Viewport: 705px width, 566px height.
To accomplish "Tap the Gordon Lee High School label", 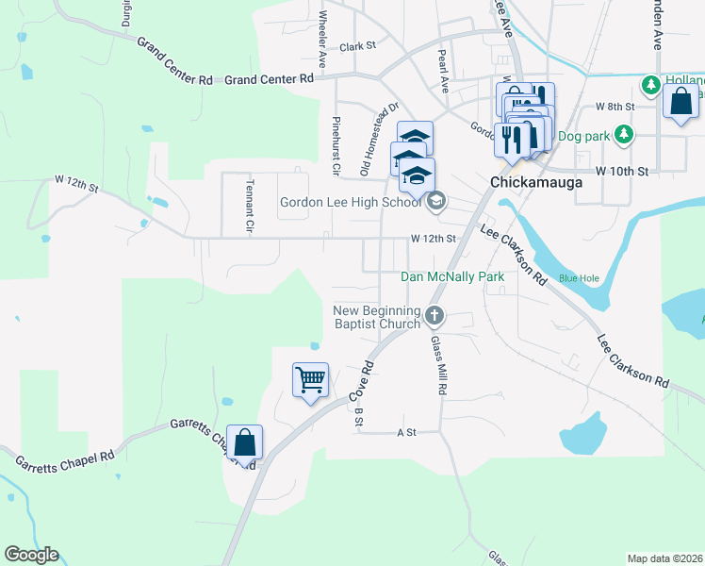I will tap(351, 202).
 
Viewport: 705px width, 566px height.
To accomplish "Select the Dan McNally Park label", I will tap(452, 276).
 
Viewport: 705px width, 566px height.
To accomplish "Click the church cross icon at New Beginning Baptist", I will tap(434, 315).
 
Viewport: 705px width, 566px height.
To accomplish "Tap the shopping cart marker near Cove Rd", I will tap(311, 380).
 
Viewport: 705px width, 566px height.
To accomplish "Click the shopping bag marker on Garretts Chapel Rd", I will tap(244, 442).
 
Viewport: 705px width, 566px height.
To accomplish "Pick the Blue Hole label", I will tap(579, 278).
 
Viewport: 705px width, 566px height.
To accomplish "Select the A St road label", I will tap(406, 432).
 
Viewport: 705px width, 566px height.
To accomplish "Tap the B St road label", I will tap(358, 416).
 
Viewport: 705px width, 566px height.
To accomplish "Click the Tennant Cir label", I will tap(250, 206).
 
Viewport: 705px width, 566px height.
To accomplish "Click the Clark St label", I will tap(358, 45).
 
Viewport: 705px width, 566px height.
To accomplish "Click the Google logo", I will tap(31, 555).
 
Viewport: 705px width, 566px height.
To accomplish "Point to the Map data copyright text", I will tap(664, 558).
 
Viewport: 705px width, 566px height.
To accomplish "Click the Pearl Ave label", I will tap(442, 70).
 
